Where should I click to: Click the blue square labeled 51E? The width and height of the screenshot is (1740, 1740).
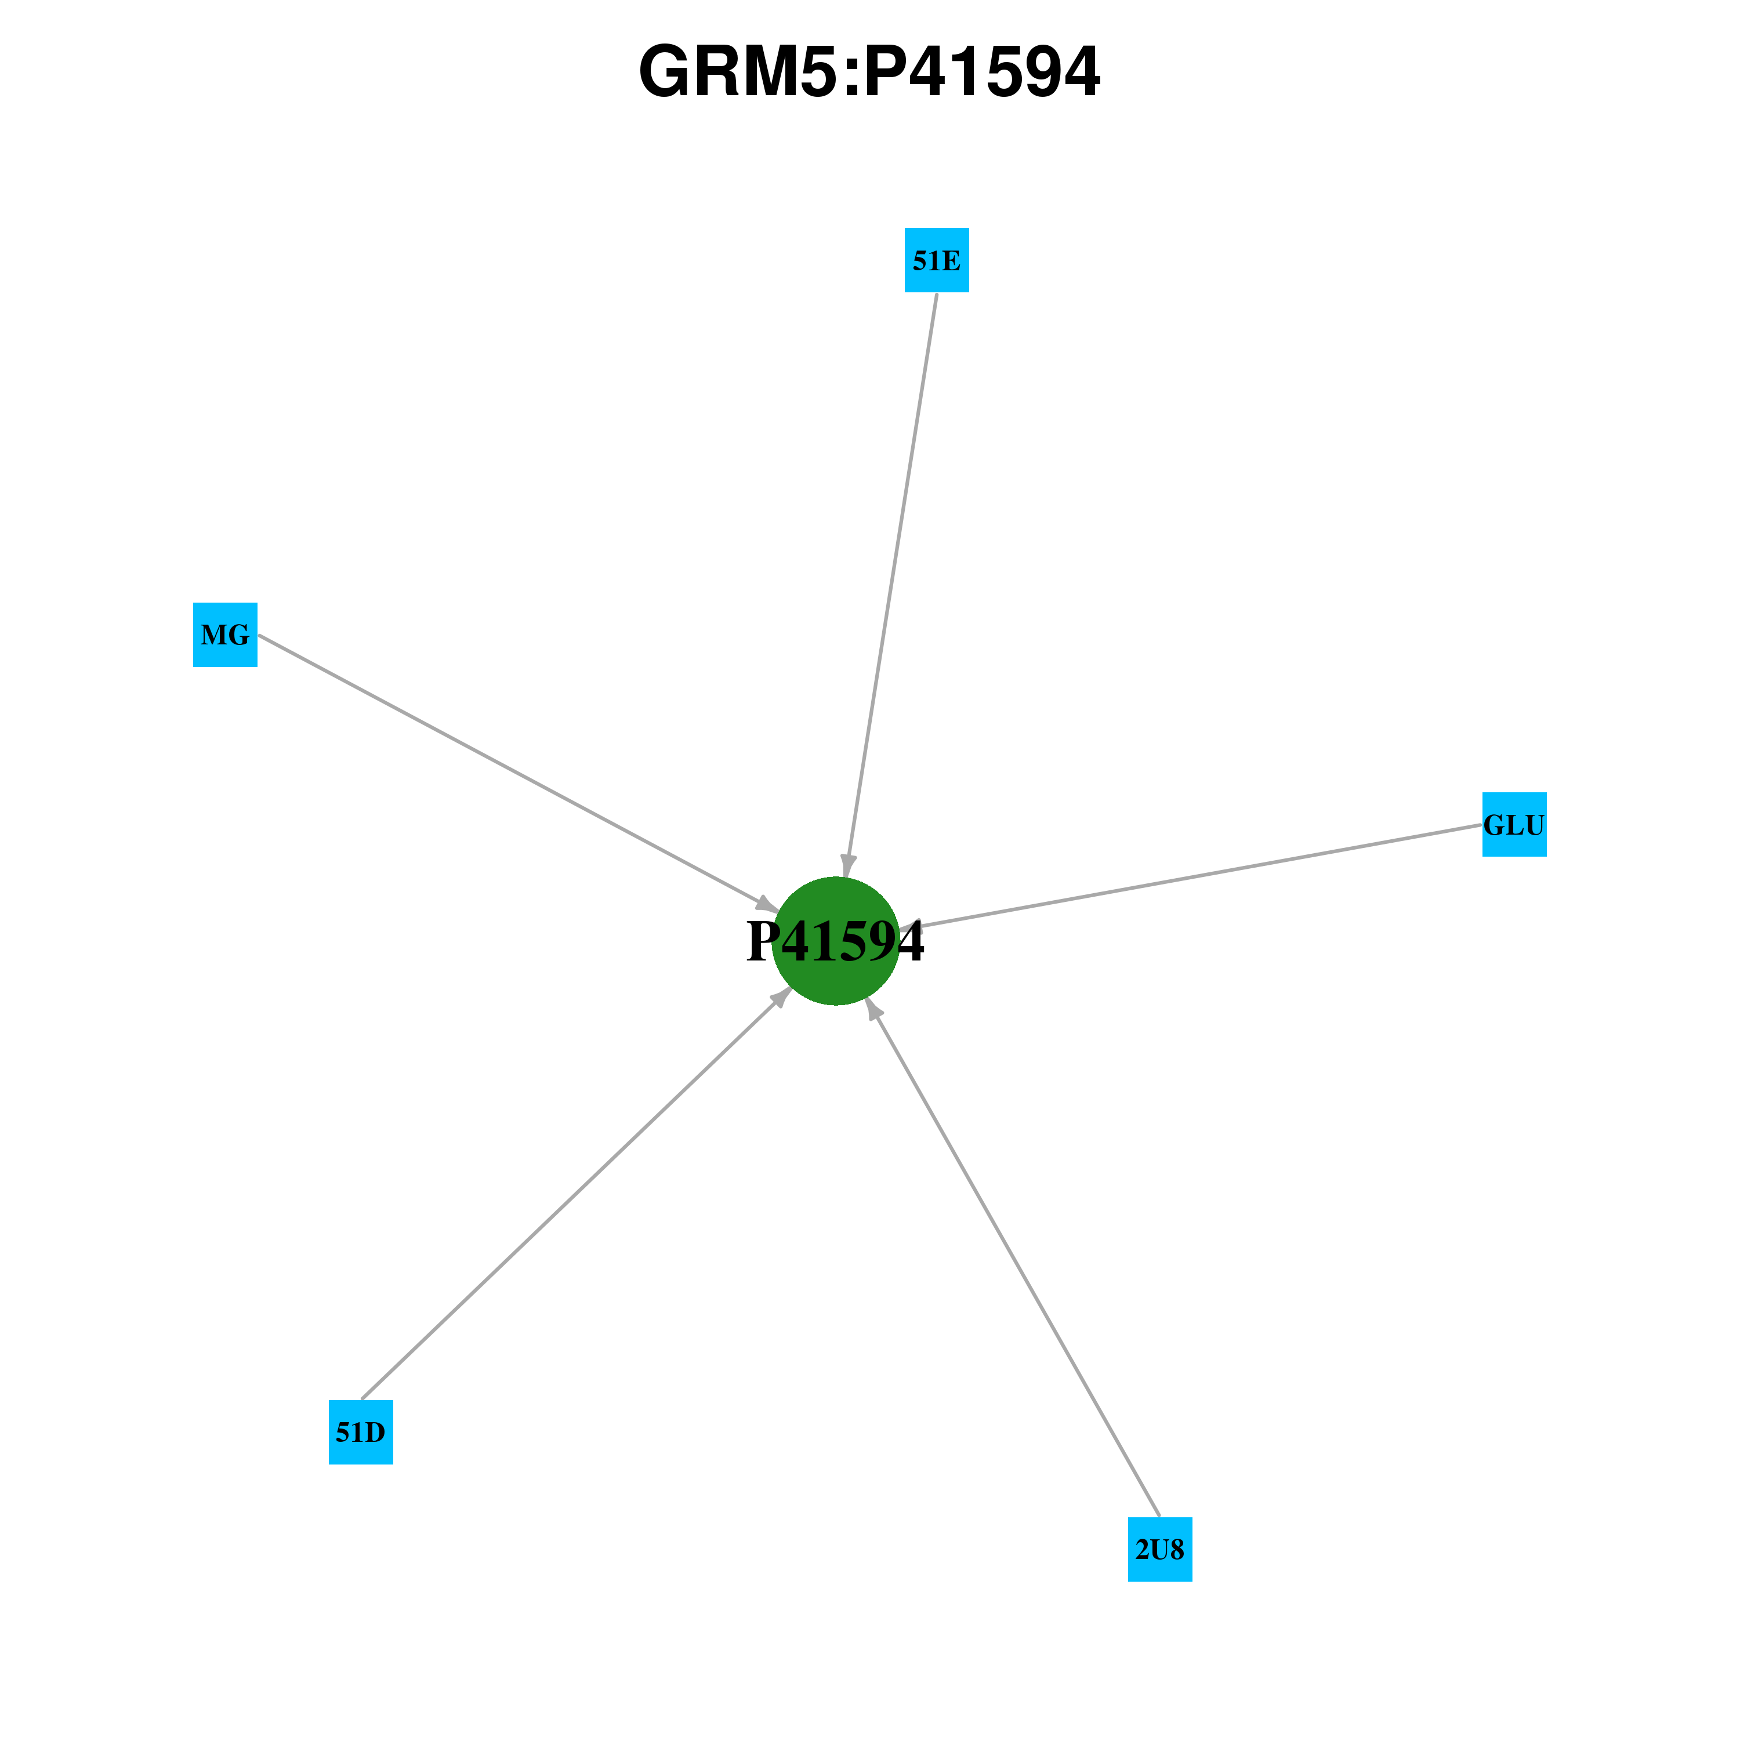click(937, 260)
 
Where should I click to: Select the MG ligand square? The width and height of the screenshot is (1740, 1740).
click(225, 635)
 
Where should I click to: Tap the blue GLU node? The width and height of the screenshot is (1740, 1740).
click(1515, 825)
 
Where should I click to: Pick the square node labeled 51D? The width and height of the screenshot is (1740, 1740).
click(361, 1432)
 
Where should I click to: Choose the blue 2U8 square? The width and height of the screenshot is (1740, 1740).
click(1160, 1549)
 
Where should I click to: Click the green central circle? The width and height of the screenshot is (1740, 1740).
click(836, 940)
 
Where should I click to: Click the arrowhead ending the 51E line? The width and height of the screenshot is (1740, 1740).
click(847, 865)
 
